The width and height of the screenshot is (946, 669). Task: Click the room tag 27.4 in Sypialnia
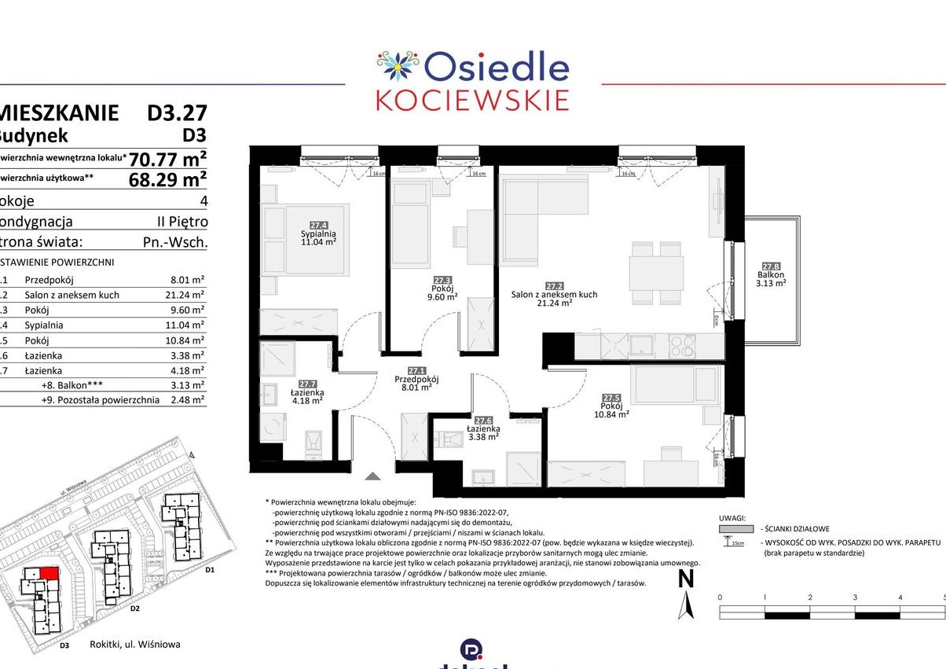click(318, 224)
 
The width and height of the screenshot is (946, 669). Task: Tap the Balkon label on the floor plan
click(771, 274)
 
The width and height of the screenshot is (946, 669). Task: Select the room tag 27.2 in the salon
click(554, 286)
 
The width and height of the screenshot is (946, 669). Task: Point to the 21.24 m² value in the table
click(187, 295)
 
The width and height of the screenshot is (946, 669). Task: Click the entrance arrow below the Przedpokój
click(373, 475)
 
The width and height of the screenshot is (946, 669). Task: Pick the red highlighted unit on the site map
click(49, 573)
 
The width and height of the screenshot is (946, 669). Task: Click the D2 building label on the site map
click(134, 608)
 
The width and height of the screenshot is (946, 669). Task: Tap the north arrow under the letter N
click(686, 605)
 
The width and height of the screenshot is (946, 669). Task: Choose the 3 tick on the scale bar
click(855, 598)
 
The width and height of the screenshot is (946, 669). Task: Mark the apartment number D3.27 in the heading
click(177, 113)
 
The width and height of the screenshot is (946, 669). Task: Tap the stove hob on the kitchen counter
click(681, 344)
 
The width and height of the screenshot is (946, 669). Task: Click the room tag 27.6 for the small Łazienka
click(483, 421)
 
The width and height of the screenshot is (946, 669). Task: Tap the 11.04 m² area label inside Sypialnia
click(319, 243)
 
